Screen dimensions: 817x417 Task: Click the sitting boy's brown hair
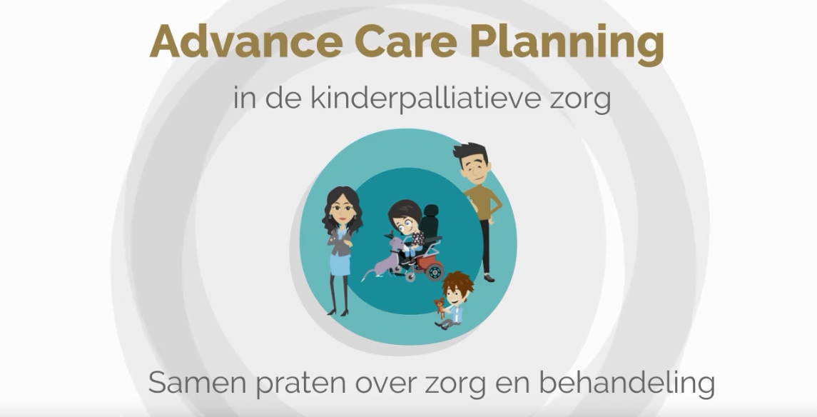click(x=458, y=284)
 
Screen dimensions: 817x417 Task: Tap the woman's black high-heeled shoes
click(x=338, y=311)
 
